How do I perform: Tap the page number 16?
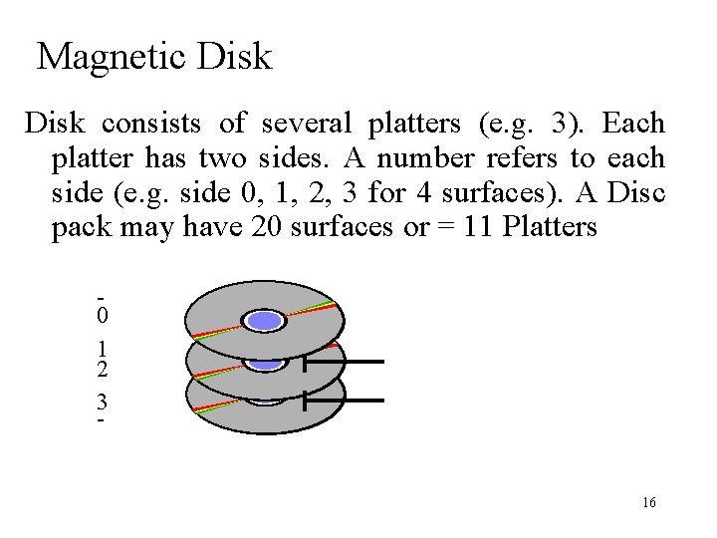[649, 503]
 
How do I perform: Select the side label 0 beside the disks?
[103, 317]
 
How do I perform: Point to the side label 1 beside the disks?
[103, 350]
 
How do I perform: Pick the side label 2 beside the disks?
[103, 370]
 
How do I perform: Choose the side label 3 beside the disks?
[103, 403]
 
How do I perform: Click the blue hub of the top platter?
[265, 320]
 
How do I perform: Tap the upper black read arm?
[344, 362]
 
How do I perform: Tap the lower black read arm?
[344, 401]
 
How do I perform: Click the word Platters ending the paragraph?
[550, 227]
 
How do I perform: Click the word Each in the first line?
[633, 124]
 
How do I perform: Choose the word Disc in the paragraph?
[634, 192]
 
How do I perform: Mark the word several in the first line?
[307, 124]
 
